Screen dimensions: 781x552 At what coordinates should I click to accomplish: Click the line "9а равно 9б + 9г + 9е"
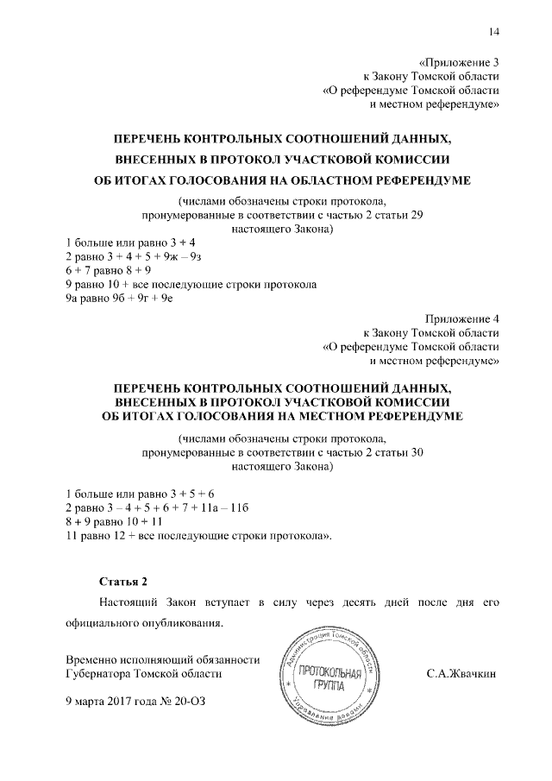pos(126,298)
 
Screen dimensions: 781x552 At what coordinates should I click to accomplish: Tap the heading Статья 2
pos(124,580)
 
